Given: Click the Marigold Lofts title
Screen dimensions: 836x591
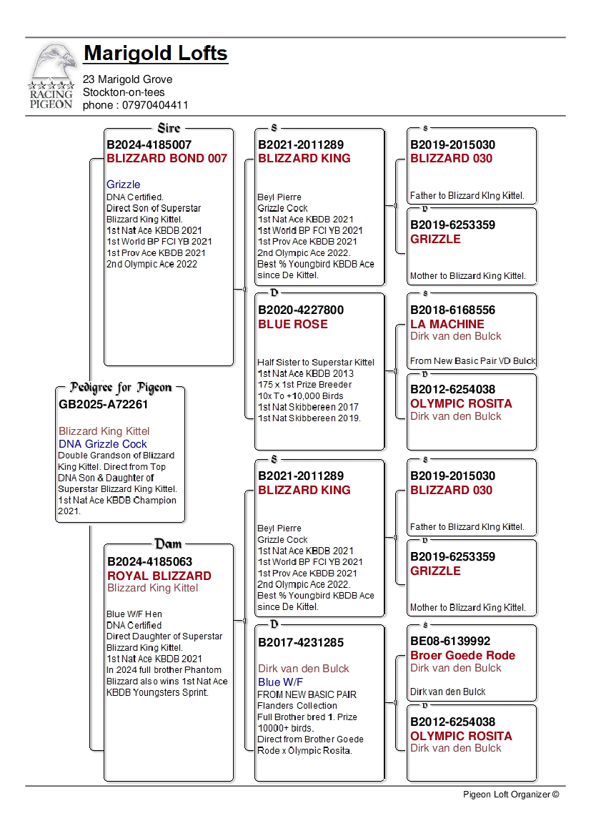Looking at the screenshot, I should pos(156,53).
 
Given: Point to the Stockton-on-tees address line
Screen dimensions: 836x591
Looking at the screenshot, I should pos(124,92).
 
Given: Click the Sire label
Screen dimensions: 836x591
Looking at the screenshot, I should pos(169,129).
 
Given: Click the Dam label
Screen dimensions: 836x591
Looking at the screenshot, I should pos(169,544).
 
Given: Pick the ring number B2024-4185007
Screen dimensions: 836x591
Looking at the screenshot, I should pos(149,144).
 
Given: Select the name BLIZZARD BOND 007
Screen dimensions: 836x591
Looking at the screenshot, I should pos(167,158).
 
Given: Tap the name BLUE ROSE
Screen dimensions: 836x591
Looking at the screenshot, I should pos(293,324).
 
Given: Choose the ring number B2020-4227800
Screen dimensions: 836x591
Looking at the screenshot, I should pos(301,310).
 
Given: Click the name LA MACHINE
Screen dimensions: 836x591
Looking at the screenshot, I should pos(447,324).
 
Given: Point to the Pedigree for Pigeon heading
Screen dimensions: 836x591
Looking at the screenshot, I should pos(121,388).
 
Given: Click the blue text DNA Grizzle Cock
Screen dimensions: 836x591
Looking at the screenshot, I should pos(103,444).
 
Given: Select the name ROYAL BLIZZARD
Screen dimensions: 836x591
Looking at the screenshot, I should pos(159,576).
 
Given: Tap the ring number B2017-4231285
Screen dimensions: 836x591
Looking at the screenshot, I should pos(301,641).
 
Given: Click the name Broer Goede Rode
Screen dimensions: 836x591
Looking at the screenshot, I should pos(462,655).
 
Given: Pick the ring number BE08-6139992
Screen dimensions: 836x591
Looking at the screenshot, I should pos(450,641).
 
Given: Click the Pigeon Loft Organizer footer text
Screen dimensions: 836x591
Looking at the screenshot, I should pos(510,794).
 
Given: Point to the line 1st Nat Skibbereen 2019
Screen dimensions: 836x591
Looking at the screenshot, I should pos(309,418).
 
